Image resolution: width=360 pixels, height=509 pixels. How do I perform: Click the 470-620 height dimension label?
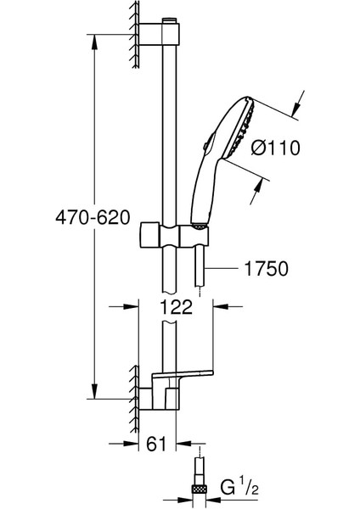coord(93,217)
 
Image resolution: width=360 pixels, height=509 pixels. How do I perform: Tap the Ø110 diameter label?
coord(276,148)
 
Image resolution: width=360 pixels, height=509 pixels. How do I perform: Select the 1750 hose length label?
coord(266,268)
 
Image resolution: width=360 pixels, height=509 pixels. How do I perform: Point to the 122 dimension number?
coord(177,306)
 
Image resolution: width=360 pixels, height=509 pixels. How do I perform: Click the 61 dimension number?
coord(156,444)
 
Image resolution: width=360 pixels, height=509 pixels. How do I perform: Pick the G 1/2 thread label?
coord(239,488)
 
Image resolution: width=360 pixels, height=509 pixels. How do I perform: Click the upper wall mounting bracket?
coord(159,34)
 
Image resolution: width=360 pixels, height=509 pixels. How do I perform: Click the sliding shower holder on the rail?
coord(174,235)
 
